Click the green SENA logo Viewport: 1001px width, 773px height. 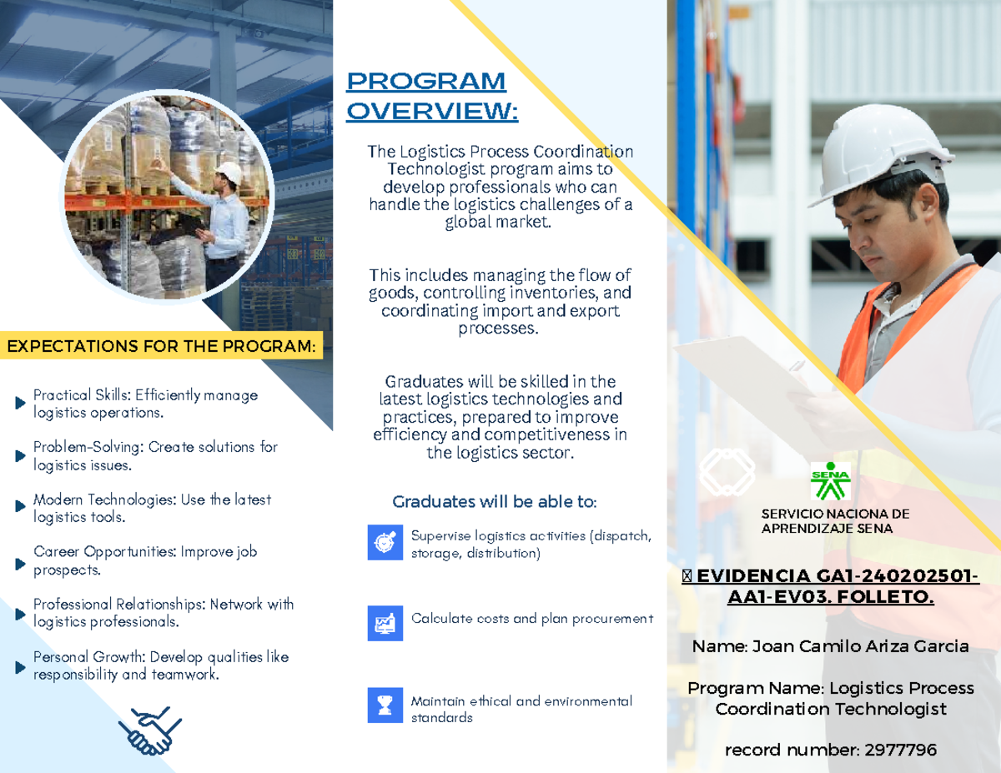pos(831,481)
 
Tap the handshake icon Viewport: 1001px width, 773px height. pos(150,731)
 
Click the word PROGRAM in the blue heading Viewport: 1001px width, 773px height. pos(426,82)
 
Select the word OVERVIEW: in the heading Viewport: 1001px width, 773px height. pos(432,111)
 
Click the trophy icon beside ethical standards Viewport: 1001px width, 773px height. pos(385,705)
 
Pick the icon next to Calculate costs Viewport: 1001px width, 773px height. pos(385,623)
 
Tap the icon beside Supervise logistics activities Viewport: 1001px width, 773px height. pos(385,542)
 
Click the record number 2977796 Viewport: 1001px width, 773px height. pos(901,750)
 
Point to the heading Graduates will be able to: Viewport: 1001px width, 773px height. pos(495,501)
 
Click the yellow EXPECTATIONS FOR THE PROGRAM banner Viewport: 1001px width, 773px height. pos(161,345)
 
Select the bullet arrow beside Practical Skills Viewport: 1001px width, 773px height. pos(20,403)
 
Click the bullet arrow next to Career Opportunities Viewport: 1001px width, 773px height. pos(20,564)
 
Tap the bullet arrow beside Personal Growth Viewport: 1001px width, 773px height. pos(20,667)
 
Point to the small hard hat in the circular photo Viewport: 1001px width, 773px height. pos(229,172)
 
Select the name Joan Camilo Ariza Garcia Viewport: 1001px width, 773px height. pos(861,646)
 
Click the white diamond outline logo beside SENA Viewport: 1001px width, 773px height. pos(727,472)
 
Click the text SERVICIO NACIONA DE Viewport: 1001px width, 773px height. pos(835,514)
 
